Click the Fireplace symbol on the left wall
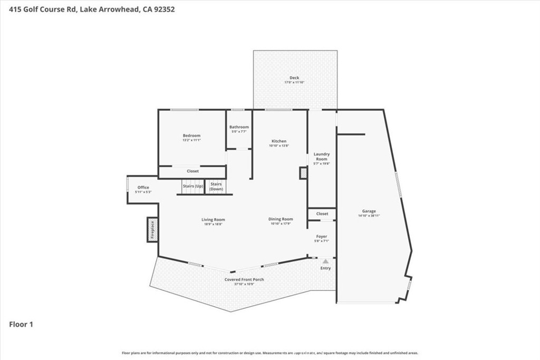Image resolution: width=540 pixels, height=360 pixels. tap(152, 230)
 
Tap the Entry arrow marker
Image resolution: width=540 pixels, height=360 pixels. tap(326, 261)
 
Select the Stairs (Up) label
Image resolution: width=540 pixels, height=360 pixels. tap(192, 186)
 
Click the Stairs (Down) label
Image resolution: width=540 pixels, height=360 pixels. tap(216, 186)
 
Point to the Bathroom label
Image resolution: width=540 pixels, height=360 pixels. tap(239, 127)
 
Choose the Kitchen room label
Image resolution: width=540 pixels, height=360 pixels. tap(279, 141)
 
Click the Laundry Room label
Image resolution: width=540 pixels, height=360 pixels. tap(322, 157)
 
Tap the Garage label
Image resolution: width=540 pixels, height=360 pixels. tap(369, 211)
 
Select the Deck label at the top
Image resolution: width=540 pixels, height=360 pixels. tap(294, 78)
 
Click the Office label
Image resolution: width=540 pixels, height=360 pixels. tap(143, 188)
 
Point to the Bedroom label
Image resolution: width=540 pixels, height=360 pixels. tap(191, 136)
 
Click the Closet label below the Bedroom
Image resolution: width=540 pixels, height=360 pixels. tap(192, 171)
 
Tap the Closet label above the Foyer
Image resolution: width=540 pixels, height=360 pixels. tap(322, 213)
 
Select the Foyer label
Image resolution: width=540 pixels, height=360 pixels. tap(322, 237)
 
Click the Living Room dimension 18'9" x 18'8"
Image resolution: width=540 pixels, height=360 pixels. tap(213, 224)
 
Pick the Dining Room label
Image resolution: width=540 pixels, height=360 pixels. tap(281, 219)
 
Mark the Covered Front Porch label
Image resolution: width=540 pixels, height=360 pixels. tap(244, 279)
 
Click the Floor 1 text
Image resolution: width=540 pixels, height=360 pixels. tap(22, 325)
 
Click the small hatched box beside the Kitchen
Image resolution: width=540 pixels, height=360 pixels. tap(303, 173)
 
